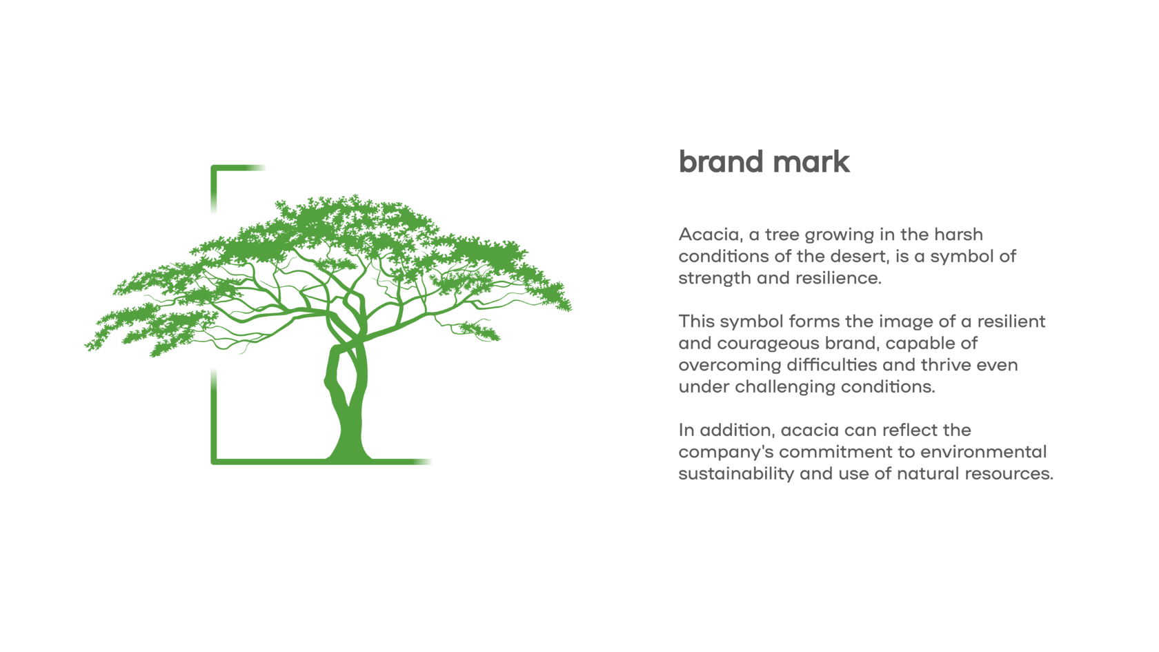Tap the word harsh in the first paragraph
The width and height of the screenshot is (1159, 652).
coord(958,235)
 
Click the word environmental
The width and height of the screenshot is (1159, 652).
coord(983,452)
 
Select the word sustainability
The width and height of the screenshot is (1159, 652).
coord(736,474)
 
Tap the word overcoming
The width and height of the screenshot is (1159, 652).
coord(730,366)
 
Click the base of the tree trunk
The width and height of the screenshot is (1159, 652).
coord(348,457)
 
